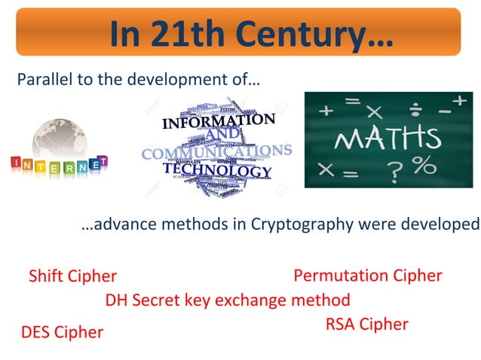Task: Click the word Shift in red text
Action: [x=47, y=276]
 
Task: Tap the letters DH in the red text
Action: [x=116, y=300]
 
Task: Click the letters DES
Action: [x=35, y=332]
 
